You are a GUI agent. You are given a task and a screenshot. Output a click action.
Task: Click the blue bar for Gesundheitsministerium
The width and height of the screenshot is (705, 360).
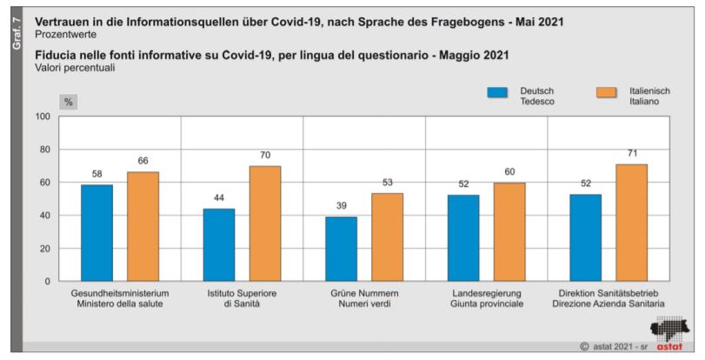coord(96,233)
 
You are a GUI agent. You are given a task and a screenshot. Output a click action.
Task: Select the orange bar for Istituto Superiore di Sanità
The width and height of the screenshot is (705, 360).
coord(264,223)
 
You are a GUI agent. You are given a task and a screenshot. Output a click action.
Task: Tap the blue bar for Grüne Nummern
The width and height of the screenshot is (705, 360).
coord(341,249)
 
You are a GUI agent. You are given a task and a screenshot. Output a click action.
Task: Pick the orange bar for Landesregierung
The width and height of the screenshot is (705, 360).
coord(509,231)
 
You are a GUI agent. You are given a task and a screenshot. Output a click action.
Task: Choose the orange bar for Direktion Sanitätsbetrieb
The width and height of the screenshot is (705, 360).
coord(631,223)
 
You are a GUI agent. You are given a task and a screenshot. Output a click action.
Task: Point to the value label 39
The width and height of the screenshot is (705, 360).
coord(341,207)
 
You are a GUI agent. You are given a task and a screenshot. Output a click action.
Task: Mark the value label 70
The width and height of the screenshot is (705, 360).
coord(264,156)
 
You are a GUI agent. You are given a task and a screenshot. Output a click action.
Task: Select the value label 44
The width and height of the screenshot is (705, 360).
coord(219,198)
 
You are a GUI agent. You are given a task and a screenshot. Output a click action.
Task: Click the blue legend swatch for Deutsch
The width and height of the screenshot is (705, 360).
coord(498,95)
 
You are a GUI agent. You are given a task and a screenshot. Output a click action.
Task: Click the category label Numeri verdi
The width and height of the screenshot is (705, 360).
coord(364,306)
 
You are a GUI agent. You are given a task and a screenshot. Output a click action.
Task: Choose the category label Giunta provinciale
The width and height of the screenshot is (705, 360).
coord(486,306)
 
